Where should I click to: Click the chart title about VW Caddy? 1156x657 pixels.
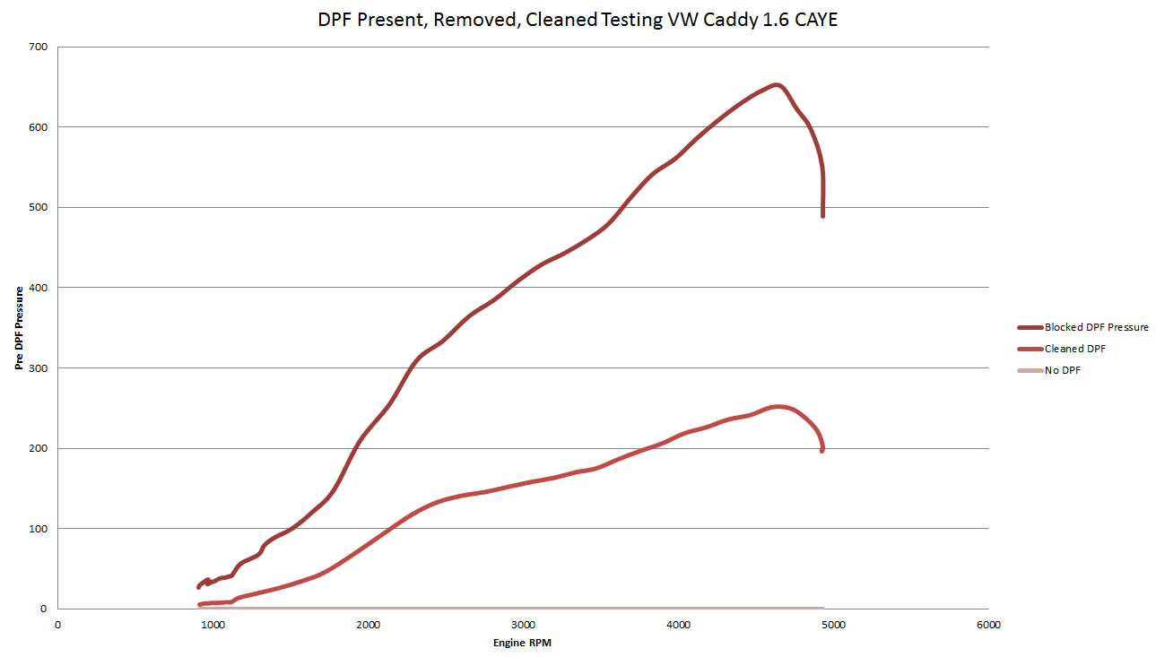point(578,19)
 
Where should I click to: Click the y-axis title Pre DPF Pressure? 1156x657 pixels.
point(20,328)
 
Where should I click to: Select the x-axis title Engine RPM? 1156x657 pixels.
point(523,643)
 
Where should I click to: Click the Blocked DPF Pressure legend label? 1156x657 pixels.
point(1096,327)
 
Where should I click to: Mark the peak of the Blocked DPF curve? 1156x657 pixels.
point(777,85)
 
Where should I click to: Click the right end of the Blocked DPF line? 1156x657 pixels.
point(822,216)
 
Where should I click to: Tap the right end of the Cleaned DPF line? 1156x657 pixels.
point(821,450)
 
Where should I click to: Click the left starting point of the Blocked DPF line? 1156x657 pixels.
point(199,587)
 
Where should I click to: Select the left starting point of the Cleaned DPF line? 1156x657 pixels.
point(200,605)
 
